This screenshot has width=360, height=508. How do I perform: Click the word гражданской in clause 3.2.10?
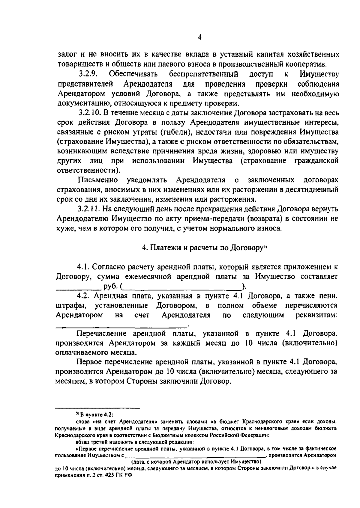314,160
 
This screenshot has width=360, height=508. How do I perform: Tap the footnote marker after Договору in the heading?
265,247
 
